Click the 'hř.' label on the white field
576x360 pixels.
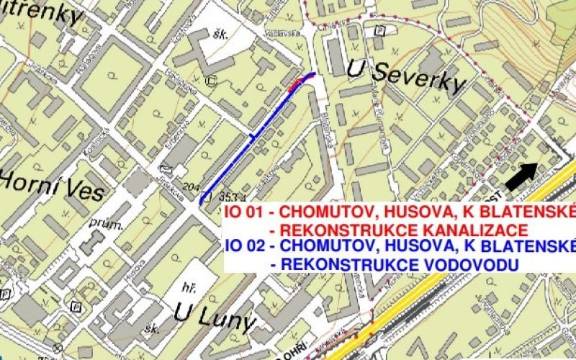(190, 286)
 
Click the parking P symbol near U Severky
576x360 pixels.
(380, 31)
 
